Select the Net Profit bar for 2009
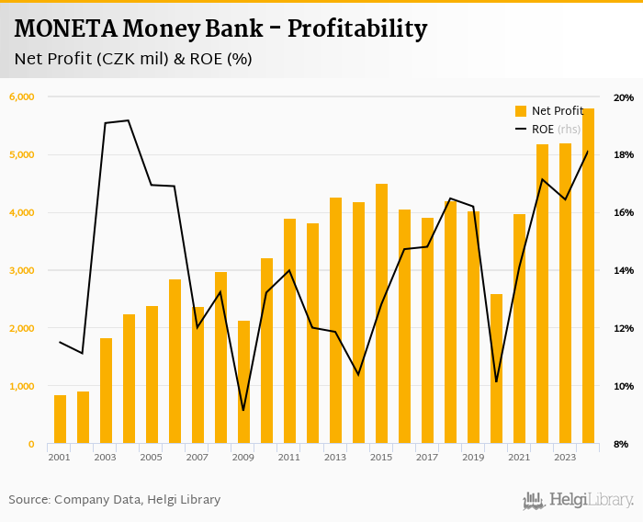pos(243,382)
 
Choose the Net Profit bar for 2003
pos(106,391)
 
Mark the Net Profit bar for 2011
pos(289,332)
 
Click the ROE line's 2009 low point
pos(243,410)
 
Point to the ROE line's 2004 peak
pos(129,120)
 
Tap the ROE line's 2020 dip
pos(496,381)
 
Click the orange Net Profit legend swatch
pos(521,111)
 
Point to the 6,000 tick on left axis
pos(21,96)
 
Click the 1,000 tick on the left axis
pos(21,386)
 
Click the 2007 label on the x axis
pos(197,457)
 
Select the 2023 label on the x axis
pos(565,457)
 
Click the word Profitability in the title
pos(357,29)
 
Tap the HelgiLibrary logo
pos(578,500)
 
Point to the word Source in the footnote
pos(28,500)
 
